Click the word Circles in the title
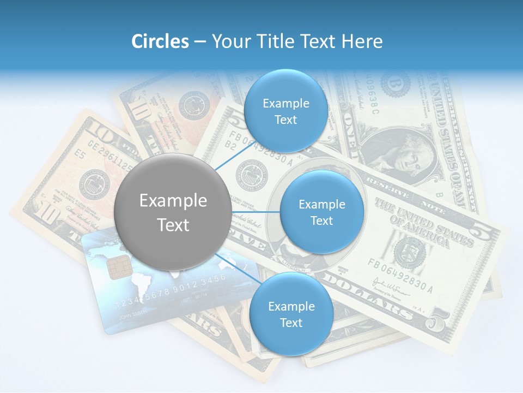click(x=160, y=41)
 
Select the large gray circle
click(x=173, y=212)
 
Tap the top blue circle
click(x=285, y=111)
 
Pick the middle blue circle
click(x=321, y=212)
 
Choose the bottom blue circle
click(x=291, y=314)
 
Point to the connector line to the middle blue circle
click(x=256, y=212)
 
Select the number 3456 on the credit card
click(x=213, y=281)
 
